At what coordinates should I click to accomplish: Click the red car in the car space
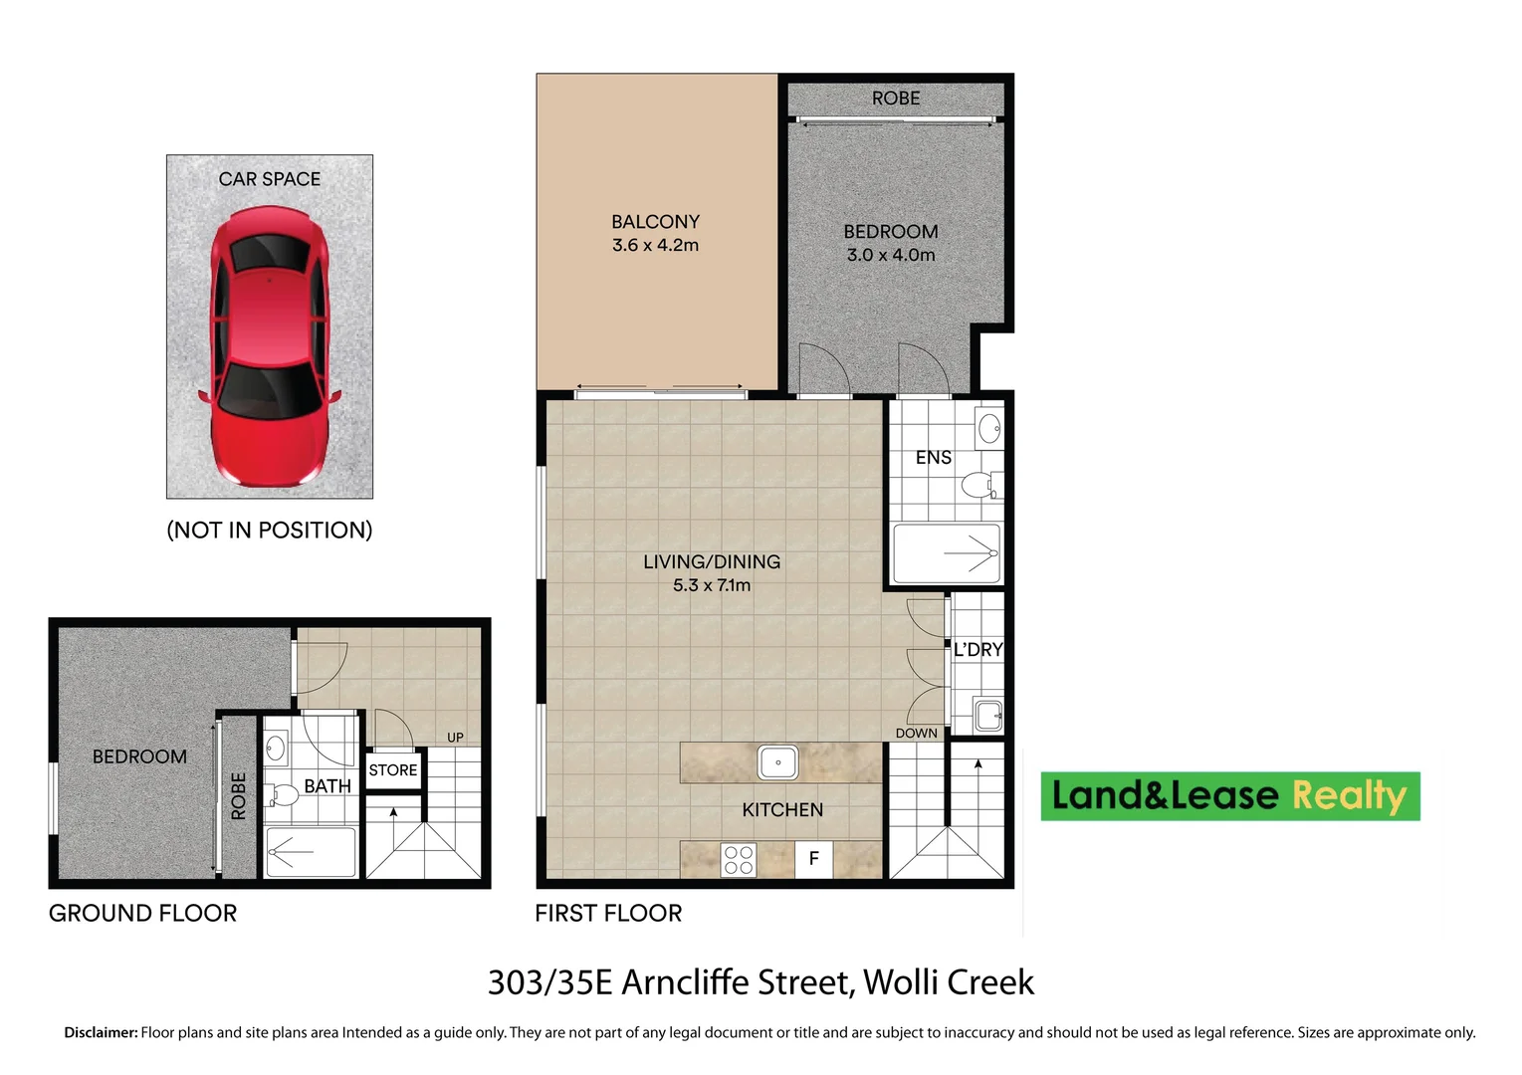click(269, 344)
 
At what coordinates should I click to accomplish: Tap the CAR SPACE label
click(269, 179)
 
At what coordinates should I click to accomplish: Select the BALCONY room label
click(655, 222)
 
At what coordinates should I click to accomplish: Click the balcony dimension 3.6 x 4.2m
click(655, 246)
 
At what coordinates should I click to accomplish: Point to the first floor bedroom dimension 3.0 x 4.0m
click(890, 255)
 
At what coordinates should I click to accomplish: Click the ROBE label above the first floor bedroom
click(895, 99)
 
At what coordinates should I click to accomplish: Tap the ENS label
click(933, 458)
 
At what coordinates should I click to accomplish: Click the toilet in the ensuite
click(978, 486)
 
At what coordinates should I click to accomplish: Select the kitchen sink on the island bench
click(777, 762)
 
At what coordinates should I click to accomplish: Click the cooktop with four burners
click(738, 860)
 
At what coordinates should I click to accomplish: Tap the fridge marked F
click(813, 859)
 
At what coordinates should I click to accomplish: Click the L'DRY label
click(978, 650)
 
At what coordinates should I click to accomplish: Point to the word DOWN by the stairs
click(916, 734)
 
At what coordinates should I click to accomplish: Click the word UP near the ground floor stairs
click(455, 738)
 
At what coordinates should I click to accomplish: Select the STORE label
click(393, 770)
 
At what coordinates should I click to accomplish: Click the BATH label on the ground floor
click(326, 786)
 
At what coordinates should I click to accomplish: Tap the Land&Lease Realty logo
click(1229, 796)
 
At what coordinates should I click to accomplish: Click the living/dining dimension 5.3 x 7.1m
click(711, 585)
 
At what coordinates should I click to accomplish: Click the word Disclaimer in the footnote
click(101, 1033)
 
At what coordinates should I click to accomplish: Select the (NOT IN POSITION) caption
click(269, 531)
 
